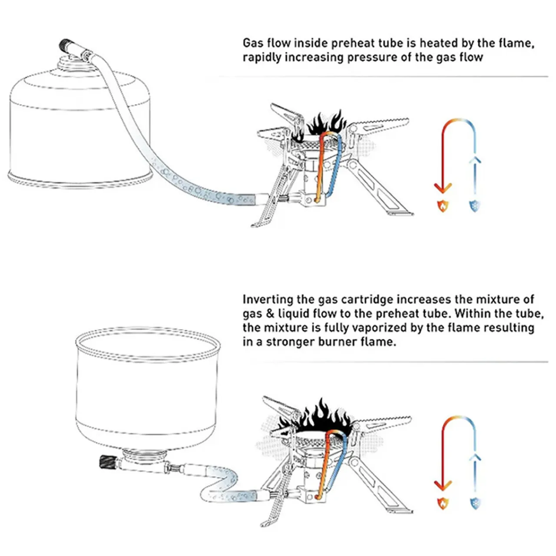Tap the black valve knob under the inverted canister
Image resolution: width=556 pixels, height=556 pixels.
pyautogui.click(x=107, y=462)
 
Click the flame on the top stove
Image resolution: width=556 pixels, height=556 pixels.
pyautogui.click(x=326, y=124)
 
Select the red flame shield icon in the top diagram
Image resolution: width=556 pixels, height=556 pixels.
pyautogui.click(x=443, y=205)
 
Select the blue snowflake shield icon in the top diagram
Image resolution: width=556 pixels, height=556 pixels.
pyautogui.click(x=475, y=205)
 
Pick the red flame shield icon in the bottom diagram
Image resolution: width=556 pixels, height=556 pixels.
pyautogui.click(x=443, y=503)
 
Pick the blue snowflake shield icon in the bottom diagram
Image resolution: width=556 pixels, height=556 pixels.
pyautogui.click(x=475, y=503)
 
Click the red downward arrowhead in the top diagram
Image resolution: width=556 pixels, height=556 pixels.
pyautogui.click(x=443, y=188)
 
